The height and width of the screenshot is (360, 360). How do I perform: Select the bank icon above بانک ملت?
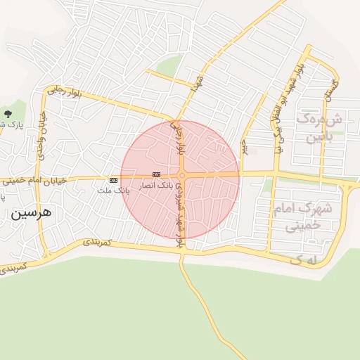pyautogui.click(x=113, y=180)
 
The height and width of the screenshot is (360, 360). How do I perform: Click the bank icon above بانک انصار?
pyautogui.click(x=156, y=174)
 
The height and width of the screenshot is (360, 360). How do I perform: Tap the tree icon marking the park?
pyautogui.click(x=8, y=113)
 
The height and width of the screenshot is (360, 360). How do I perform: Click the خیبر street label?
pyautogui.click(x=244, y=147)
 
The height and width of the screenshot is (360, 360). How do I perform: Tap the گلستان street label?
pyautogui.click(x=328, y=89)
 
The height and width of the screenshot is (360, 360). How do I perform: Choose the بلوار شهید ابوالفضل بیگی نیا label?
pyautogui.click(x=284, y=105)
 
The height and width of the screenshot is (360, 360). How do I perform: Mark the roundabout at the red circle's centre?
pyautogui.click(x=181, y=175)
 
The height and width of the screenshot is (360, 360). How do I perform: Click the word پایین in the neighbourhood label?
pyautogui.click(x=323, y=138)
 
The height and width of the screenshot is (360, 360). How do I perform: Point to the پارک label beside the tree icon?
pyautogui.click(x=10, y=125)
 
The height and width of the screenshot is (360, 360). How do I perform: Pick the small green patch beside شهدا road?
pyautogui.click(x=168, y=67)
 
